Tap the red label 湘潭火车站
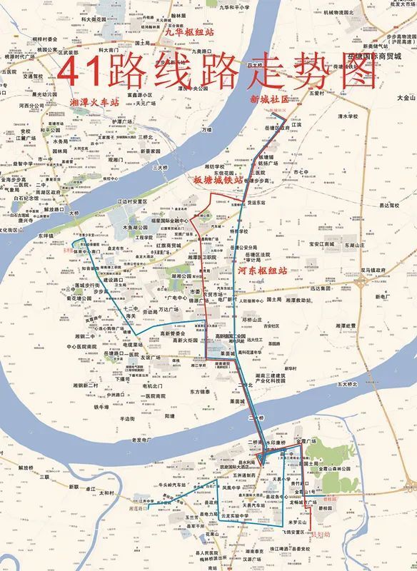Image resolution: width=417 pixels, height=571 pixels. pyautogui.click(x=94, y=102)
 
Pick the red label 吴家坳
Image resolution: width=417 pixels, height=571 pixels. pyautogui.click(x=321, y=532)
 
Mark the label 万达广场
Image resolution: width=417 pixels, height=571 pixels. pyautogui.click(x=176, y=310)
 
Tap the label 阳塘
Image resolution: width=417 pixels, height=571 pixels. pyautogui.click(x=169, y=415)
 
